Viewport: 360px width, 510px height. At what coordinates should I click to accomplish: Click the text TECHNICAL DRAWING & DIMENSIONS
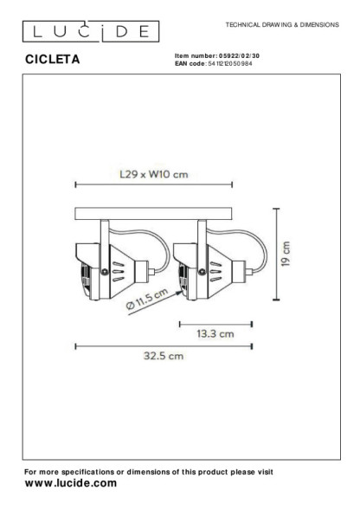[281, 25]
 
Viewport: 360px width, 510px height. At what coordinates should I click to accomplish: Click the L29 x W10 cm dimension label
[152, 173]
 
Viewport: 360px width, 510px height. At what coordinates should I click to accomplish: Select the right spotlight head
[205, 265]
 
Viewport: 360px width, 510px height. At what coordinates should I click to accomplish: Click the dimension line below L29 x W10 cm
[153, 184]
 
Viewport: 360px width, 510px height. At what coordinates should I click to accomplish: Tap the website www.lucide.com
[70, 483]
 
